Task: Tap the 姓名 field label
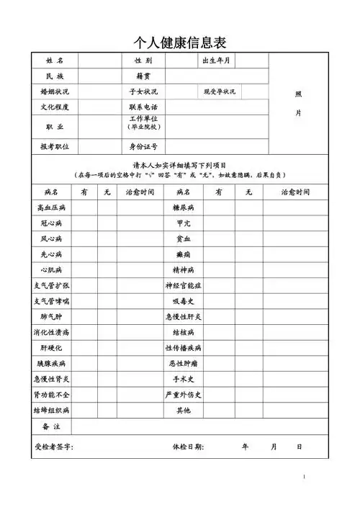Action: coord(55,61)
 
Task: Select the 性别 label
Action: coord(143,61)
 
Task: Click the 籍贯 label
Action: coord(143,76)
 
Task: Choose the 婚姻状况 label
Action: coord(55,92)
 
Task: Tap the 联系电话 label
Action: coord(143,107)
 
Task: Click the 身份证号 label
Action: coord(143,146)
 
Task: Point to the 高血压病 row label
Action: coord(51,207)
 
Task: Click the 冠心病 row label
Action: coord(51,223)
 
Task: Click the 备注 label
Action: coord(51,427)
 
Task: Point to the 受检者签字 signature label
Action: coord(54,447)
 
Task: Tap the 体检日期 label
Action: coord(189,447)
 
